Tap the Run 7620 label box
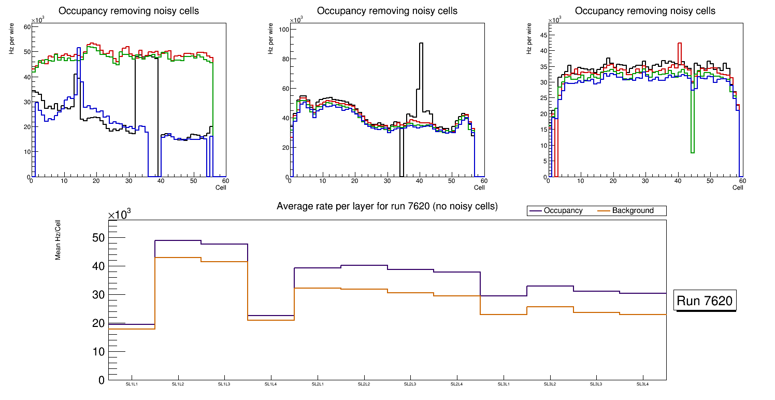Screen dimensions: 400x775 tap(705, 301)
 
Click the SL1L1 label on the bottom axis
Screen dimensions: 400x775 tap(132, 384)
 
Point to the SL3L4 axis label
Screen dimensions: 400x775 tap(643, 384)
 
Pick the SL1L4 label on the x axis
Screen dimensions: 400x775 tap(271, 384)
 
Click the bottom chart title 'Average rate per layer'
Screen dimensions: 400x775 tap(387, 206)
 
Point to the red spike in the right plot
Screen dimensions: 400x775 tap(679, 52)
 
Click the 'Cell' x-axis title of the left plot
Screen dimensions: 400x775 tap(221, 187)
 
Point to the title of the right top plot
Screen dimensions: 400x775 tap(645, 11)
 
